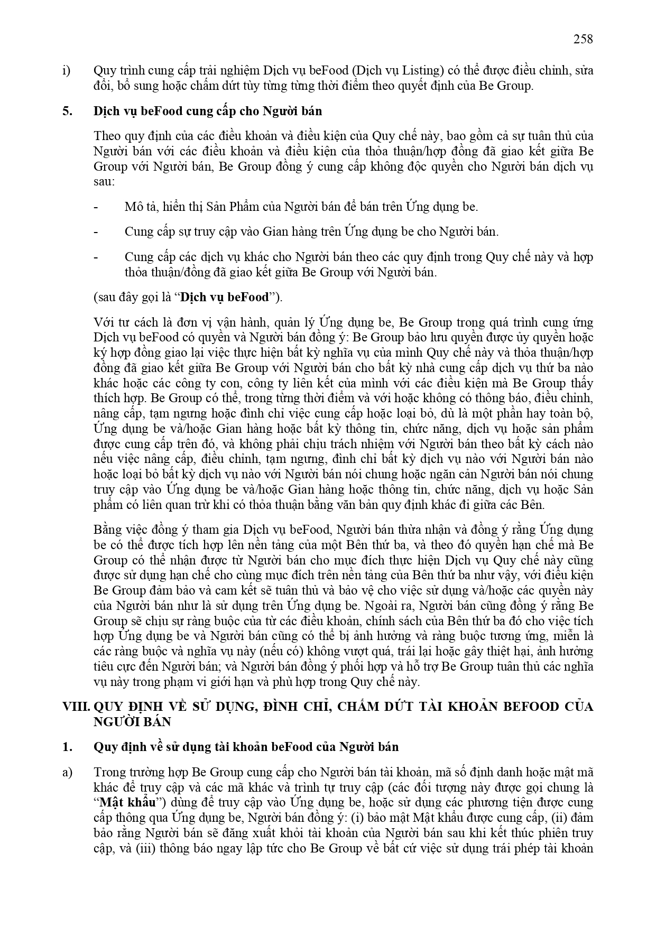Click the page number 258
(583, 39)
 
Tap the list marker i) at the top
(66, 71)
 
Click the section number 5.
(67, 112)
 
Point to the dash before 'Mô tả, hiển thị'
(96, 207)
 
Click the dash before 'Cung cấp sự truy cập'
(96, 232)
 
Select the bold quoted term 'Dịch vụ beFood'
(224, 298)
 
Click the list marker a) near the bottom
(67, 773)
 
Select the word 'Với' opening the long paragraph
(103, 322)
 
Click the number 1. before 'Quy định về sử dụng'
(67, 747)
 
